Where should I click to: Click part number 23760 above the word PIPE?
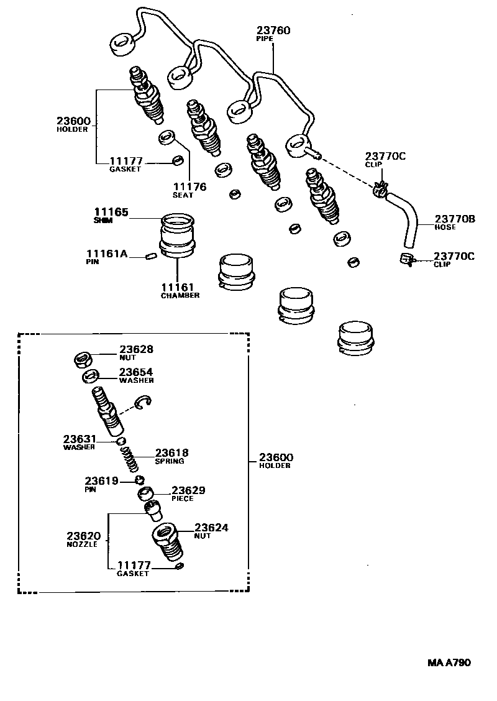(273, 30)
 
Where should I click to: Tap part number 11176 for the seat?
(189, 186)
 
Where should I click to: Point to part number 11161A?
(107, 254)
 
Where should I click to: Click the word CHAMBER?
(180, 296)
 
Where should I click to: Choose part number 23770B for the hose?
(455, 219)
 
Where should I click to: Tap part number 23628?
(136, 350)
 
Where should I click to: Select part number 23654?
(136, 372)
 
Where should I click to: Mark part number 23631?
(80, 439)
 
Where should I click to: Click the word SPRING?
(170, 462)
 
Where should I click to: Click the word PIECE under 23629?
(183, 498)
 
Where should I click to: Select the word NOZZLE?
(82, 544)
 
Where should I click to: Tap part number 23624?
(211, 528)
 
